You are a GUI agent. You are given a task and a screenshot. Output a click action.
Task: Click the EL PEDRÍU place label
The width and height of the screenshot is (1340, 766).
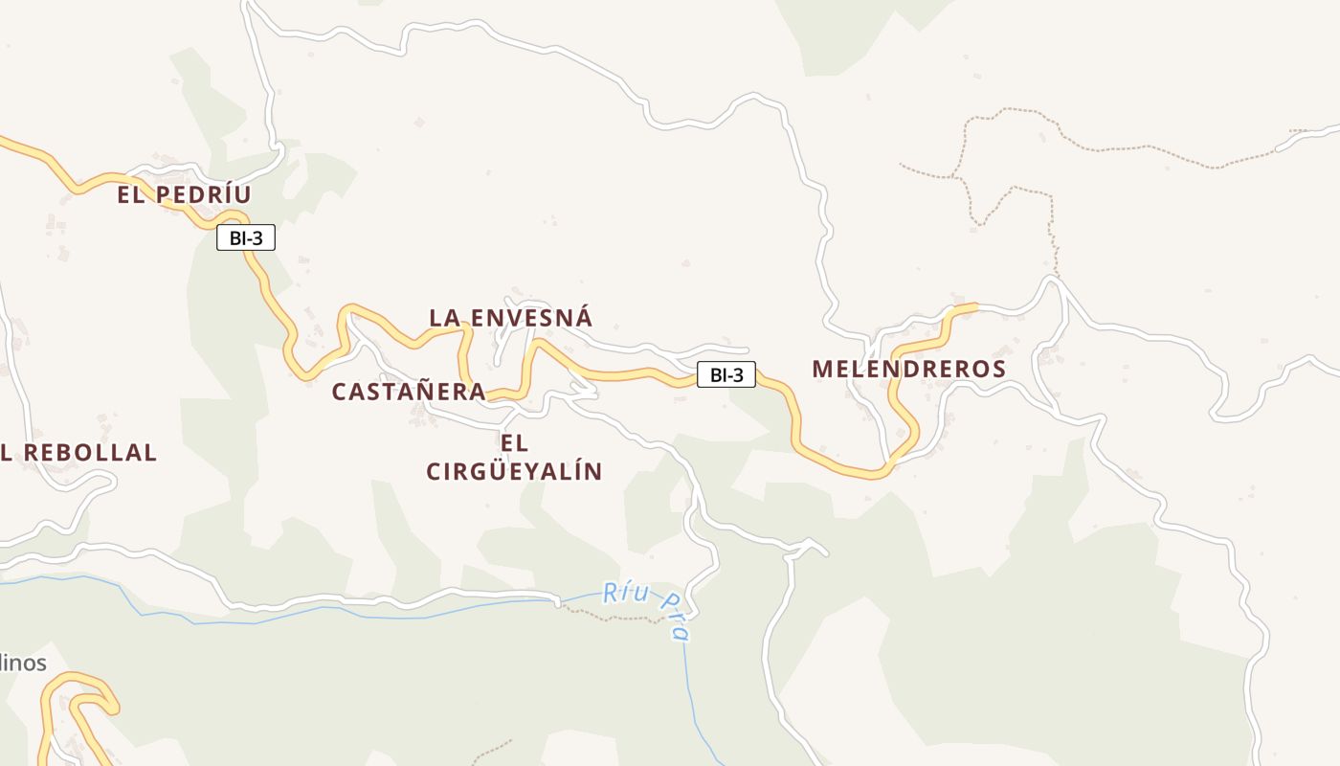point(184,195)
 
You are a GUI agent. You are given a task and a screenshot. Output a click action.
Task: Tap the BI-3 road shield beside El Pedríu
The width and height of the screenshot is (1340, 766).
point(246,238)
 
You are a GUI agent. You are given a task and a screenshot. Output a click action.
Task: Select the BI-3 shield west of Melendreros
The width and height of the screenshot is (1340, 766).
point(726,375)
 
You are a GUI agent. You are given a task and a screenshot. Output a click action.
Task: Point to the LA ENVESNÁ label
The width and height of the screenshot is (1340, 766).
point(510,318)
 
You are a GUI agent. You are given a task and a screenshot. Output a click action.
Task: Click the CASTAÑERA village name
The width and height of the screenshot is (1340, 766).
point(409,392)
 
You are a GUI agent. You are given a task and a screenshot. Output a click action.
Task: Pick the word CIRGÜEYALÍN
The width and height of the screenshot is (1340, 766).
point(514,472)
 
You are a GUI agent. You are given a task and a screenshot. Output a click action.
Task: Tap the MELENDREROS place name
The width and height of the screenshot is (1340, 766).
point(908,370)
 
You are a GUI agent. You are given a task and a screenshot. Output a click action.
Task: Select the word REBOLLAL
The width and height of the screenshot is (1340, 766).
point(90,453)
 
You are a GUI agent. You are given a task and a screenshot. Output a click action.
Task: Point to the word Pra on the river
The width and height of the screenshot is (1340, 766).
point(676,618)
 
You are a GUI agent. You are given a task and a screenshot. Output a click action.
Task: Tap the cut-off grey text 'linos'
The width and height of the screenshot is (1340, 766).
point(23,663)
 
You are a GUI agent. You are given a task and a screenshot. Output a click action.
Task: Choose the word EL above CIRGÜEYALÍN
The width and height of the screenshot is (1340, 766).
point(514,443)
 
